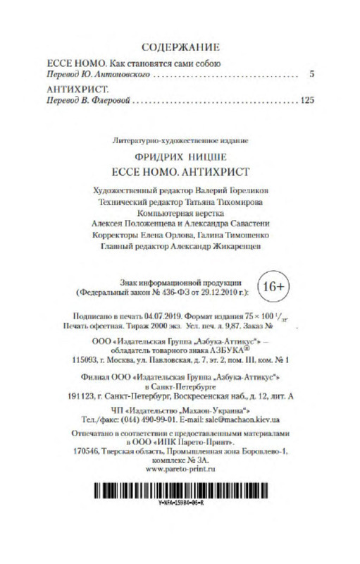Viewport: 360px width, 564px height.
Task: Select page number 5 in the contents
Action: [x=311, y=74]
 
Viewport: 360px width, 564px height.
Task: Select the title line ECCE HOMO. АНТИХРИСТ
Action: [x=182, y=171]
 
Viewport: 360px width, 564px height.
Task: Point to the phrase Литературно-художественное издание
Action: [x=182, y=140]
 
